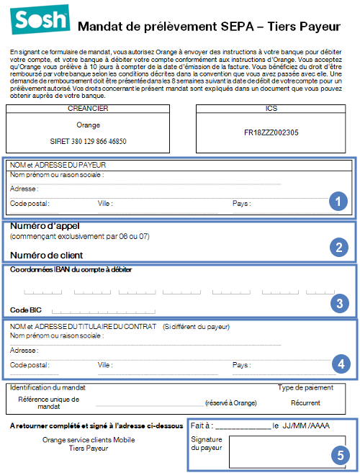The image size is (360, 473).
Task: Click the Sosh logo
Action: tap(36, 21)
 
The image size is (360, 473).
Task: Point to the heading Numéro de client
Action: tap(46, 255)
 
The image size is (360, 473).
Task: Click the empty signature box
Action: tap(287, 451)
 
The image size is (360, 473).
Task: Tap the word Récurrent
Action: tap(305, 403)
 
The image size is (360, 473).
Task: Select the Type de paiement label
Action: tap(305, 387)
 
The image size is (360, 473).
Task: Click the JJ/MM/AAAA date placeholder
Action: tap(306, 426)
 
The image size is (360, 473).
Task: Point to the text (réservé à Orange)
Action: tap(231, 403)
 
